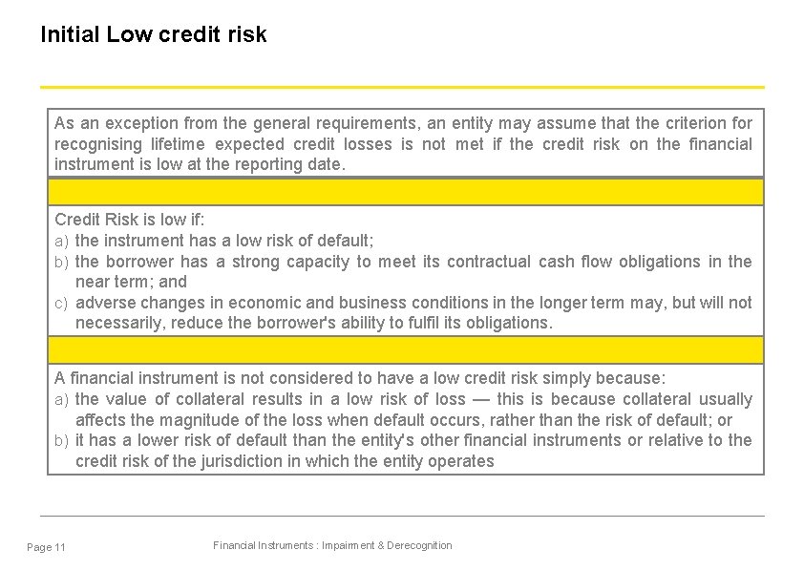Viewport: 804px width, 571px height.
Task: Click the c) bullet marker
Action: click(x=60, y=303)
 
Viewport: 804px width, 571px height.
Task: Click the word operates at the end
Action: click(x=461, y=461)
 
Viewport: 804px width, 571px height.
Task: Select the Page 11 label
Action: click(x=47, y=547)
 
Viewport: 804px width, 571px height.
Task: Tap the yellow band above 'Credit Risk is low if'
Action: click(x=406, y=192)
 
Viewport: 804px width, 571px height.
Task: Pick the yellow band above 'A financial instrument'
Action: click(x=406, y=349)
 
